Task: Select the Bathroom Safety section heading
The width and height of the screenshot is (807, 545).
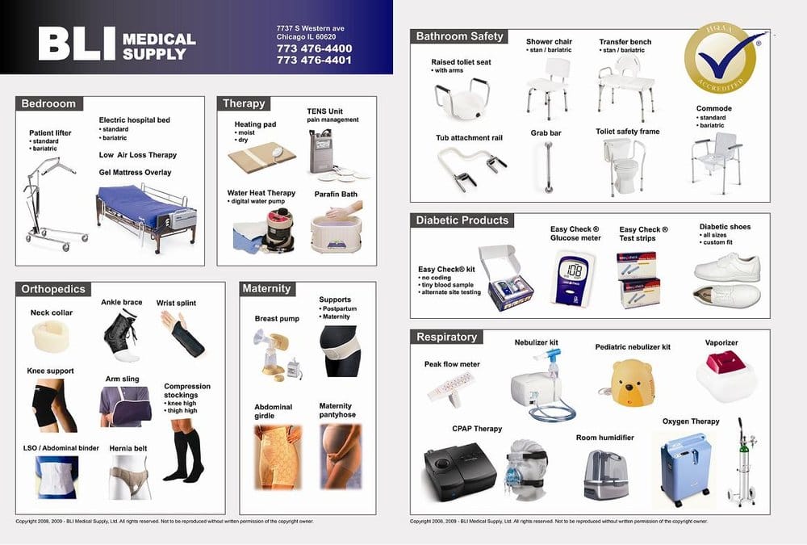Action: (x=459, y=36)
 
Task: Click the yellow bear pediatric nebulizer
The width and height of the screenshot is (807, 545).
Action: (x=632, y=381)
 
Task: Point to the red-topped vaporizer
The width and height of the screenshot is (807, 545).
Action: (x=723, y=373)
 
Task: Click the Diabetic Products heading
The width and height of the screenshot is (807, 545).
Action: (x=462, y=220)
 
